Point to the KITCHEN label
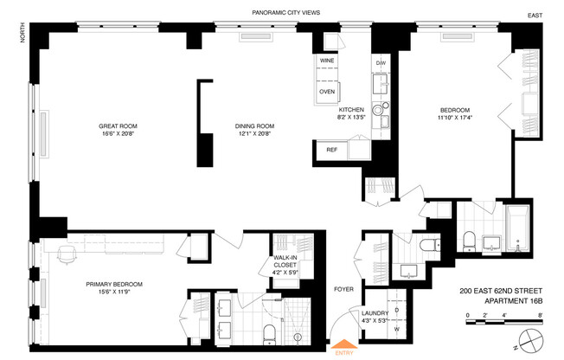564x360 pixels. tap(351, 111)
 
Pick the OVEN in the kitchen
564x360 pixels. tap(328, 91)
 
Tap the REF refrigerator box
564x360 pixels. tap(332, 150)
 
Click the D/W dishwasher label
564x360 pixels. tap(381, 63)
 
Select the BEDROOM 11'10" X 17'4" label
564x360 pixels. tap(454, 113)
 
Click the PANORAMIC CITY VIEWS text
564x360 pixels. tap(286, 13)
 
